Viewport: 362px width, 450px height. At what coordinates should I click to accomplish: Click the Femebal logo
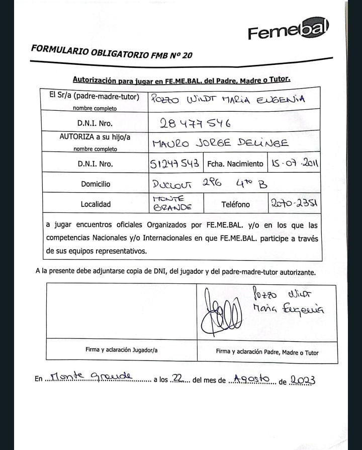(288, 31)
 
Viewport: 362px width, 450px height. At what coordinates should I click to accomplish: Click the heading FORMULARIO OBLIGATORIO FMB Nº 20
(111, 52)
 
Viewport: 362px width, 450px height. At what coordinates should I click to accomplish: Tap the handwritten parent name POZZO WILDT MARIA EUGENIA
(235, 99)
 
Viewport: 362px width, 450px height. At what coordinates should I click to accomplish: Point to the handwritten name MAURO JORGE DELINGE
(220, 143)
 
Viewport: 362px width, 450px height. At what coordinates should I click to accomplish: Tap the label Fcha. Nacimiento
(235, 164)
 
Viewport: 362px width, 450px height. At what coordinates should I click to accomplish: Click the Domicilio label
(96, 184)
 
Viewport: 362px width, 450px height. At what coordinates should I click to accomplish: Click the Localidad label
(96, 204)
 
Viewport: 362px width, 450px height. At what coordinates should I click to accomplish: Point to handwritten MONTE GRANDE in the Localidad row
(172, 203)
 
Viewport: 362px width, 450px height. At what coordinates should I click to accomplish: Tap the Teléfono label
(235, 204)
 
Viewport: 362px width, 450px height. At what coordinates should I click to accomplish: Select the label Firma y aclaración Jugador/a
(121, 350)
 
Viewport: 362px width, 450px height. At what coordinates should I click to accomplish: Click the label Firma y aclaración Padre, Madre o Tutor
(267, 352)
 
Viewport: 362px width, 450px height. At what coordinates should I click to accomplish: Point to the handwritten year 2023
(303, 380)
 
